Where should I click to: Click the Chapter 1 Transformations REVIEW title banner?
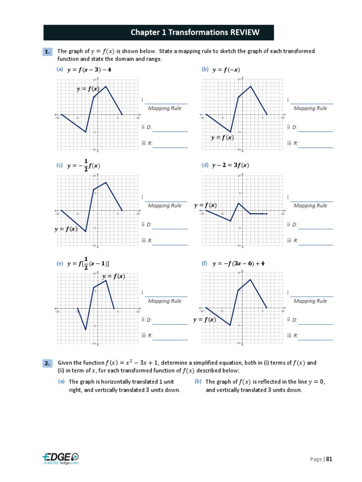158,32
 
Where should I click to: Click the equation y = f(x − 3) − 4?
89,70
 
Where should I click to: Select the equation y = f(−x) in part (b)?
226,70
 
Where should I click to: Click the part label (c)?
59,165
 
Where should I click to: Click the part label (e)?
59,264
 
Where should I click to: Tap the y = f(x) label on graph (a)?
88,89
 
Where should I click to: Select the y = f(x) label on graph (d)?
205,205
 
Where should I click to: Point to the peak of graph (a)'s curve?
106,86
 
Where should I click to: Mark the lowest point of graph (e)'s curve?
85,329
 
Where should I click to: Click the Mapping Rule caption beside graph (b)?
310,108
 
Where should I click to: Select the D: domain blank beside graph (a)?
170,131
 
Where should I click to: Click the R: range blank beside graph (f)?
315,339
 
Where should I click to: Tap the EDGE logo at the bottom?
60,458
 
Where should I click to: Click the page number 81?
329,459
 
